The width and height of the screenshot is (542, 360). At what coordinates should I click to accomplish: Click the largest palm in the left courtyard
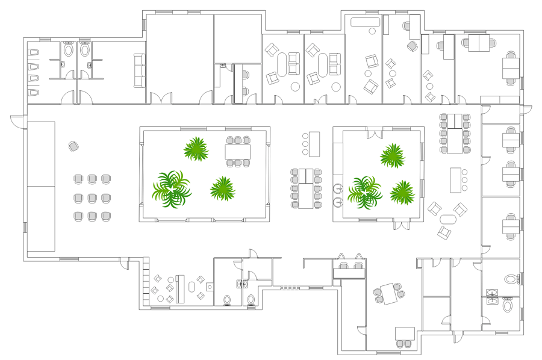(x=172, y=189)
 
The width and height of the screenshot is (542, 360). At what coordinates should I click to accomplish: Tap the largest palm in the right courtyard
(x=364, y=192)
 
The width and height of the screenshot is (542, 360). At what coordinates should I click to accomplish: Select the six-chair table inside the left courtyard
(x=238, y=151)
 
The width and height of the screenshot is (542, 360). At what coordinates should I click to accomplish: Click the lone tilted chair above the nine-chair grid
(x=73, y=146)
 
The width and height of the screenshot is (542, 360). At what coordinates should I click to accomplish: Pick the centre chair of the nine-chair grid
(x=92, y=197)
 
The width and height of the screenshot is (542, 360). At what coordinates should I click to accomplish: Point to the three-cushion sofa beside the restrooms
(x=139, y=70)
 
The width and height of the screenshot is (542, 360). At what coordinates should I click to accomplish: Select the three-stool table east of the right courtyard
(x=456, y=179)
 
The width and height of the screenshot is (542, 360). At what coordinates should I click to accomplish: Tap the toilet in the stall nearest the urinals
(x=67, y=50)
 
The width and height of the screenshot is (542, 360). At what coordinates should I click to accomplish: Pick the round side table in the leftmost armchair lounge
(x=295, y=87)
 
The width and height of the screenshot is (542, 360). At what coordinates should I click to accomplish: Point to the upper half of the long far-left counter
(x=41, y=154)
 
